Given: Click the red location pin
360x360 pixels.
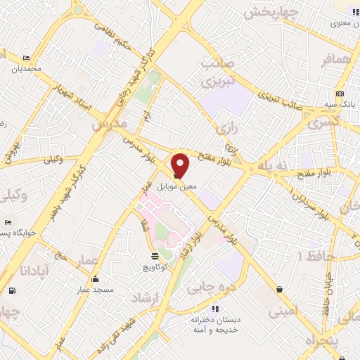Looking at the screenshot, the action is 181,165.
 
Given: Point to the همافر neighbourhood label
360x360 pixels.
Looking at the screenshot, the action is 336,62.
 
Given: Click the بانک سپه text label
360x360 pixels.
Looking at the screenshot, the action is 340,104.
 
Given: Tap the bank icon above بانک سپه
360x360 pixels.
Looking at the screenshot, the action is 340,94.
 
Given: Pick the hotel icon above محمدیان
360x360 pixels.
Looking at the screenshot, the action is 26,58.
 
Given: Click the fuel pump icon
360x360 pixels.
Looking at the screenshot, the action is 12,289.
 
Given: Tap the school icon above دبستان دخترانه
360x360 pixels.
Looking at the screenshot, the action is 215,308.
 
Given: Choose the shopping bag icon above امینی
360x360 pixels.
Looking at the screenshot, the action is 281,289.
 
